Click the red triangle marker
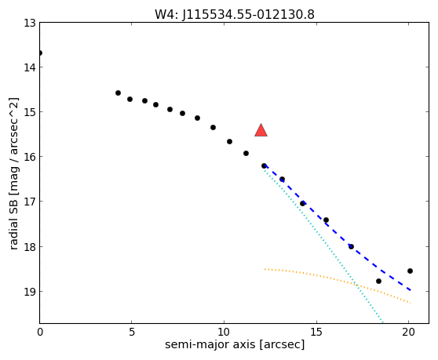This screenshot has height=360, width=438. coord(261,131)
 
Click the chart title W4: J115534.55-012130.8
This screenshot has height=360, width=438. coord(235,14)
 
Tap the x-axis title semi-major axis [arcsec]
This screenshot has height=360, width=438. coord(235,344)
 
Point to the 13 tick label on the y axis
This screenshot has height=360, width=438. coord(30,23)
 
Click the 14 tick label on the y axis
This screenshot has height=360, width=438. coord(30,67)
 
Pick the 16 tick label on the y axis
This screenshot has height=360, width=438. coord(30,157)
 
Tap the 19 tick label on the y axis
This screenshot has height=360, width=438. coord(30,291)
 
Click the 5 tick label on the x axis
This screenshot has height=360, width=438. coord(132,332)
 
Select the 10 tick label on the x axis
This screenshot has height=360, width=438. coord(224,332)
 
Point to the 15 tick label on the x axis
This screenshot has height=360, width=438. coord(316,332)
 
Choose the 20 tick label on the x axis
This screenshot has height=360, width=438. coord(408,332)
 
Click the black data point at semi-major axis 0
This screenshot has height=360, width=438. coord(40,53)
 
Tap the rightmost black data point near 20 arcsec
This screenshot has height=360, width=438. coord(410,271)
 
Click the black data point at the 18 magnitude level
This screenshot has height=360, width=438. coord(351,247)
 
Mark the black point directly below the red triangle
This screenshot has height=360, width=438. coord(264,166)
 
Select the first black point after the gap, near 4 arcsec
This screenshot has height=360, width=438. coord(119,93)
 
